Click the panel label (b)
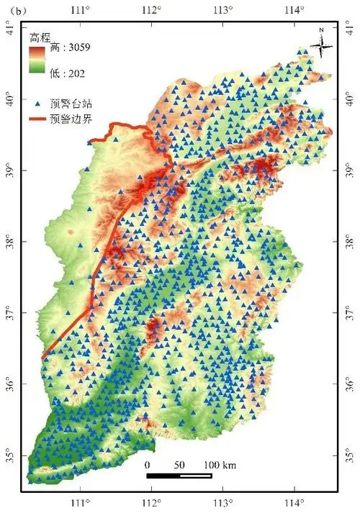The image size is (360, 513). tap(14, 10)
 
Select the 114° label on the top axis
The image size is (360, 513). tap(294, 10)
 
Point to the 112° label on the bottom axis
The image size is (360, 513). tap(152, 502)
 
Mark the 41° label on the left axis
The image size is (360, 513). tap(10, 29)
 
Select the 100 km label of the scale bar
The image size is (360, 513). tap(220, 464)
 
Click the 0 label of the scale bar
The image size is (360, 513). tap(148, 464)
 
